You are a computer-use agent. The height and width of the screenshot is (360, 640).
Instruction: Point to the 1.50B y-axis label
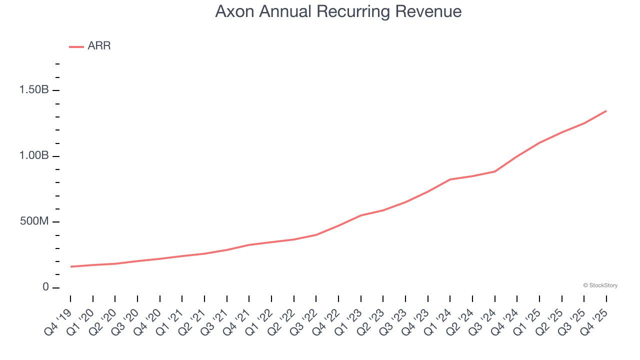coord(34,90)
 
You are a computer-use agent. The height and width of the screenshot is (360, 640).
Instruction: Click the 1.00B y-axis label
coord(34,156)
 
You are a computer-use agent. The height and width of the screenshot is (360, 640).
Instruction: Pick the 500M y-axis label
coord(34,221)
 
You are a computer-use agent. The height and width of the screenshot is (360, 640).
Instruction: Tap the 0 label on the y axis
coord(45,287)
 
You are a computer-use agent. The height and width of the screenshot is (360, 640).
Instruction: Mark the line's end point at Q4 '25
coord(606,111)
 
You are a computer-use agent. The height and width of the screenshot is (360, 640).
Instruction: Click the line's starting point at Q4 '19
coord(70,266)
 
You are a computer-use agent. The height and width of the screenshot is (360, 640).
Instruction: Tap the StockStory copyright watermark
coord(600,285)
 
